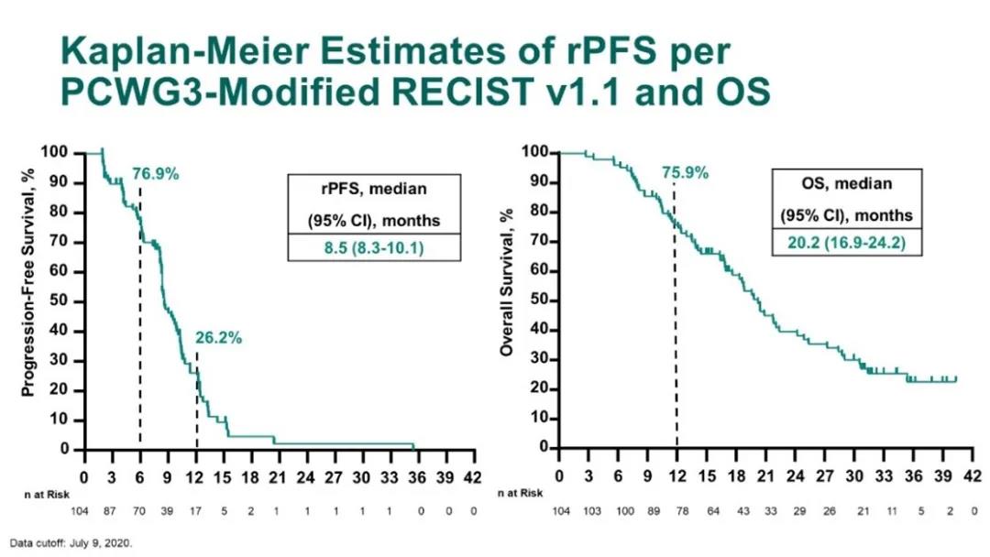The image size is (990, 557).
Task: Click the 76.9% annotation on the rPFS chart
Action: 155,173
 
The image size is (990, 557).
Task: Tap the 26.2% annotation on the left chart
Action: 218,338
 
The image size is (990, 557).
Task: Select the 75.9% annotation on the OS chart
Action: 686,171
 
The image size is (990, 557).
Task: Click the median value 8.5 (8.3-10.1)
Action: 373,246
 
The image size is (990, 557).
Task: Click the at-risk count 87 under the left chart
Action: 112,511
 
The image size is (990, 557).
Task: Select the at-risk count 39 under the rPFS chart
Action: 168,511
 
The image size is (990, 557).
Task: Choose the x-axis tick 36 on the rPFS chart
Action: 390,476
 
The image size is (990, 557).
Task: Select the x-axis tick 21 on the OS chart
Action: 765,476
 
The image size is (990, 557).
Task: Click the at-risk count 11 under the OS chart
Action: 884,511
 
